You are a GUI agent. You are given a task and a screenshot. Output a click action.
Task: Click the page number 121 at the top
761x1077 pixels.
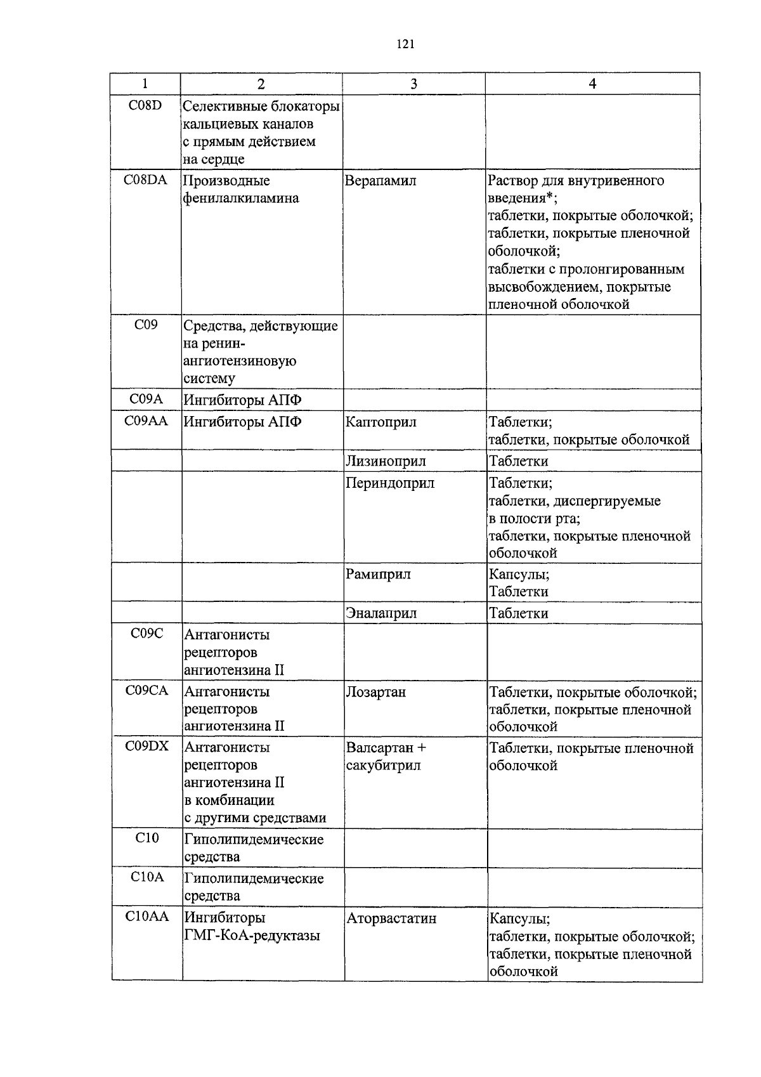click(405, 44)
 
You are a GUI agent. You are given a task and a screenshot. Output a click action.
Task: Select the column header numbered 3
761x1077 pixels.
click(413, 84)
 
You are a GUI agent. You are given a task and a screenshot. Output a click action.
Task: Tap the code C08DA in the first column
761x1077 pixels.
click(145, 179)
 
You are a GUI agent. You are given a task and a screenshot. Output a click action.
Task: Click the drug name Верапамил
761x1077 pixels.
click(380, 181)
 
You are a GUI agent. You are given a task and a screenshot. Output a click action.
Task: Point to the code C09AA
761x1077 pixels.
click(146, 420)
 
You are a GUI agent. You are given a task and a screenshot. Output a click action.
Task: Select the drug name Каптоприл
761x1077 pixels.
click(381, 422)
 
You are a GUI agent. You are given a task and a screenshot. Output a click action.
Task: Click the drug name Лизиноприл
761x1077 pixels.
click(386, 461)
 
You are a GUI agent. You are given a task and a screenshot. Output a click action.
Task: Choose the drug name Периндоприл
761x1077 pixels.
click(390, 483)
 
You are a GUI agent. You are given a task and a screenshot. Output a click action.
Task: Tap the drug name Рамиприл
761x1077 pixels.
click(379, 574)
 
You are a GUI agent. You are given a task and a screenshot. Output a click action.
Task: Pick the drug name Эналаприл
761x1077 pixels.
click(381, 613)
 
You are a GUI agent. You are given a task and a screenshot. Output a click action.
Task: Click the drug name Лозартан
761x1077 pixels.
click(376, 692)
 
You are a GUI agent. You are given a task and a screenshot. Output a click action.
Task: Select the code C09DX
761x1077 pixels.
click(146, 746)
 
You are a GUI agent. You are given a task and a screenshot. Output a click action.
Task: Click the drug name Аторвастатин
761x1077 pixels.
click(391, 918)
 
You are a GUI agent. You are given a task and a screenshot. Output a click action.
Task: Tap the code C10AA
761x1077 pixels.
click(146, 916)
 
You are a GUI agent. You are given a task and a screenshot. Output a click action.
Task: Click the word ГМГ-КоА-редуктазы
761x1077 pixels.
click(252, 936)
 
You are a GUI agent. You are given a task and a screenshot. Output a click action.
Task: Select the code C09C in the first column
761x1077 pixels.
click(146, 633)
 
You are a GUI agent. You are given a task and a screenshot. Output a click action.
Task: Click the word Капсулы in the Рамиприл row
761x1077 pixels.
click(519, 574)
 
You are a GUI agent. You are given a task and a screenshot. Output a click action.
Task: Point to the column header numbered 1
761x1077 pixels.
click(145, 84)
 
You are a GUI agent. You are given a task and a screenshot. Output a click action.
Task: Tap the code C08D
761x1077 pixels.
click(145, 105)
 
